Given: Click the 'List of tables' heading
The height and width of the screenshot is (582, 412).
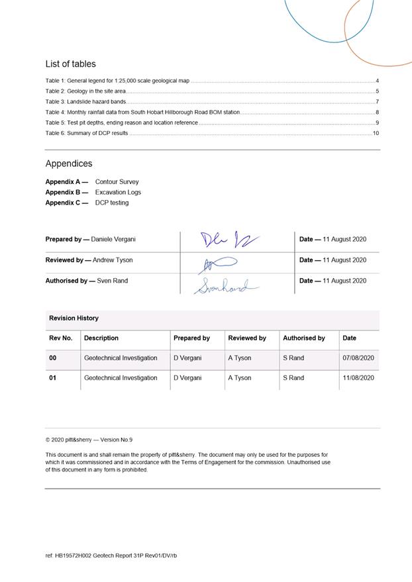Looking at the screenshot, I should click(70, 64).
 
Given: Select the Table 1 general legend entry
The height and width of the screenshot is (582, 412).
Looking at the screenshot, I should click(117, 81).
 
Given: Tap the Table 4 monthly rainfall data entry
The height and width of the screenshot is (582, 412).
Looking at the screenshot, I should click(142, 113).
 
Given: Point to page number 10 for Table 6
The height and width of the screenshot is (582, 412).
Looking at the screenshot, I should click(375, 134).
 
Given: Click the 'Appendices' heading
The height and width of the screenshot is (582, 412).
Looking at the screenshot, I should click(69, 164).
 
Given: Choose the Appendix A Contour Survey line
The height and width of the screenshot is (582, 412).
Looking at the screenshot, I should click(92, 181).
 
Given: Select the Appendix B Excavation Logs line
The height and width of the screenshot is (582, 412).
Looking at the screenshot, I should click(93, 192).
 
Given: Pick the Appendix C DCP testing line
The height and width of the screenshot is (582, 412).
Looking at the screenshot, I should click(87, 203).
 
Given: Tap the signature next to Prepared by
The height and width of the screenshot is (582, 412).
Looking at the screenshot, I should click(229, 240).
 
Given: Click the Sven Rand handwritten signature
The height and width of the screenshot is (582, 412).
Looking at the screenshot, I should click(225, 286).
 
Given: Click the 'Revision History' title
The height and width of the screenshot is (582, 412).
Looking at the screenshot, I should click(74, 318).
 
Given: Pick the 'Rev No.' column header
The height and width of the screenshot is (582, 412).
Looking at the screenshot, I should click(61, 338).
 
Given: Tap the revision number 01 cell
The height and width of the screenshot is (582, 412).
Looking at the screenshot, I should click(53, 378).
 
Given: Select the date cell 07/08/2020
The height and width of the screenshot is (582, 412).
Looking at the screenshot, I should click(358, 358).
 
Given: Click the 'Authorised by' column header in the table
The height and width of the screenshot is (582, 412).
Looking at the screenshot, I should click(304, 338).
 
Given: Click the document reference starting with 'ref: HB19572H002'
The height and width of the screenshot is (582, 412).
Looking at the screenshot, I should click(111, 556).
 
